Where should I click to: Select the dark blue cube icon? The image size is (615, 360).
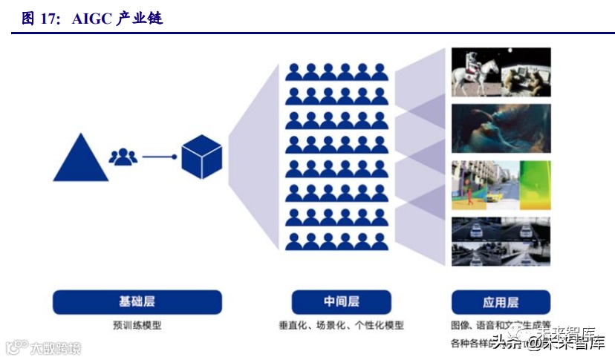pos(202,157)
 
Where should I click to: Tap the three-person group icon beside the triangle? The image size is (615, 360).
pos(123,157)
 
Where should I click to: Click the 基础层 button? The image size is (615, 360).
pos(137,302)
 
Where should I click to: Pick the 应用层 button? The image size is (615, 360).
pos(501,302)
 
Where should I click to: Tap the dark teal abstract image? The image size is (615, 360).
pos(501,128)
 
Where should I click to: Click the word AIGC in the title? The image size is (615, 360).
pos(91,19)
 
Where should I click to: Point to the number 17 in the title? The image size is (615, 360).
pos(50,19)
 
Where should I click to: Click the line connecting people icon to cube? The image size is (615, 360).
pos(158,157)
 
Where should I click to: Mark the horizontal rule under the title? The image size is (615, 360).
pos(307,33)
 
